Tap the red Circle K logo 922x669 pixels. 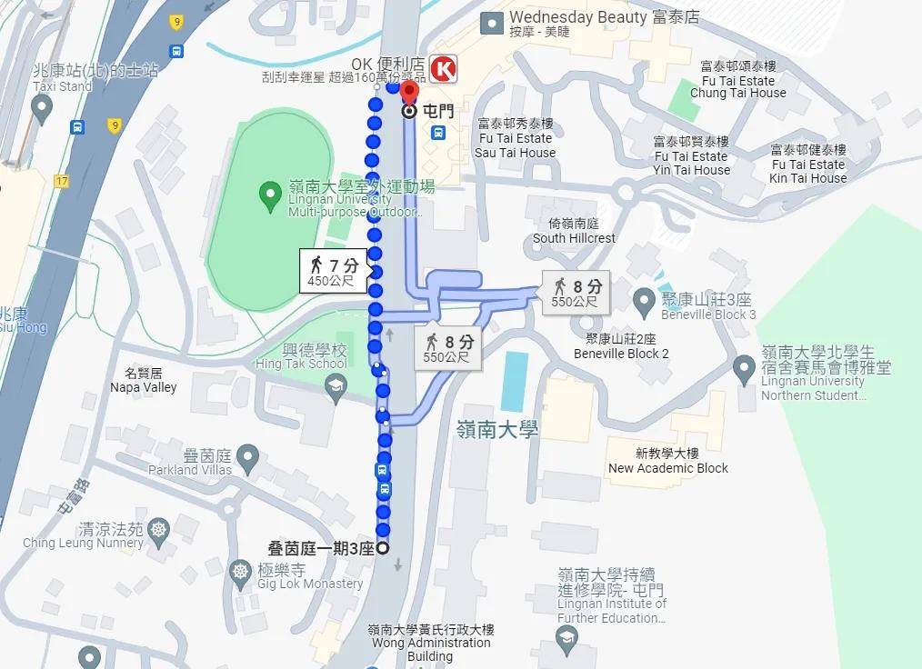point(444,69)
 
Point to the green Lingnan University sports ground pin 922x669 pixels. point(269,194)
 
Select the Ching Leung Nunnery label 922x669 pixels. point(83,536)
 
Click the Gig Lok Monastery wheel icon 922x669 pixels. point(240,572)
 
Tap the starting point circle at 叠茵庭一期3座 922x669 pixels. point(383,548)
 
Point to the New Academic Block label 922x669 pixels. point(668,461)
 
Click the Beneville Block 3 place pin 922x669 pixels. point(644,298)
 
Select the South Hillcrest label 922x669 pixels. point(575,231)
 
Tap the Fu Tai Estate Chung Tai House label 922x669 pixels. point(737,80)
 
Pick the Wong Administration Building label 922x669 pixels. point(430,643)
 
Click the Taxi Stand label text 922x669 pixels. point(63,86)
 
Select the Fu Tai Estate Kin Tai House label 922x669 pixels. point(807,165)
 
